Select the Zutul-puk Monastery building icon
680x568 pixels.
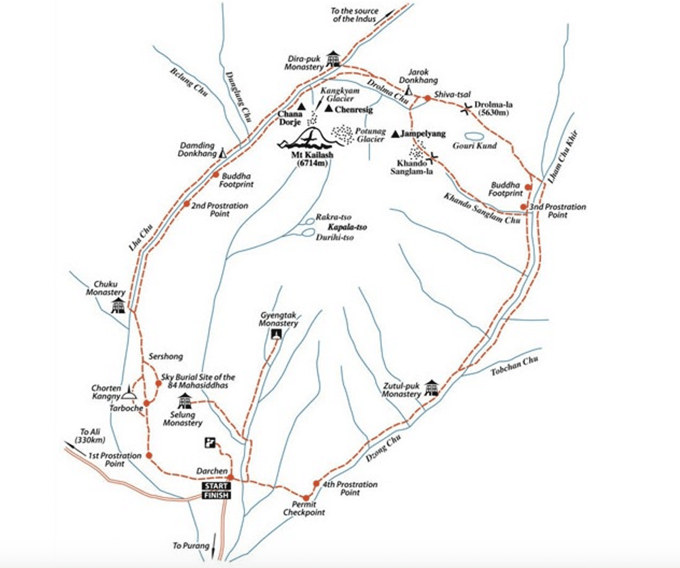(x=431, y=388)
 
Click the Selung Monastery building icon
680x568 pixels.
(x=184, y=401)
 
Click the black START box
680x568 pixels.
(x=216, y=486)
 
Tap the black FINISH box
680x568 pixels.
(x=216, y=495)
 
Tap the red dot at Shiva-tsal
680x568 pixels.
(x=427, y=98)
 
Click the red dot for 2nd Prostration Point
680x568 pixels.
(x=186, y=204)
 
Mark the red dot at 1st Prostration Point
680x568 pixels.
(x=149, y=455)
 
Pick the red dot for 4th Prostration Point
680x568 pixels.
(x=316, y=483)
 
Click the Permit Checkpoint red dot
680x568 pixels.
(x=306, y=498)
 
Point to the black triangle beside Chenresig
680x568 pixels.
(x=329, y=108)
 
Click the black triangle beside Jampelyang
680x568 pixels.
(x=395, y=134)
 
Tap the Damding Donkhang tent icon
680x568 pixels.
(x=223, y=152)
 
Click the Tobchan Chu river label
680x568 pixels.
(x=514, y=366)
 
